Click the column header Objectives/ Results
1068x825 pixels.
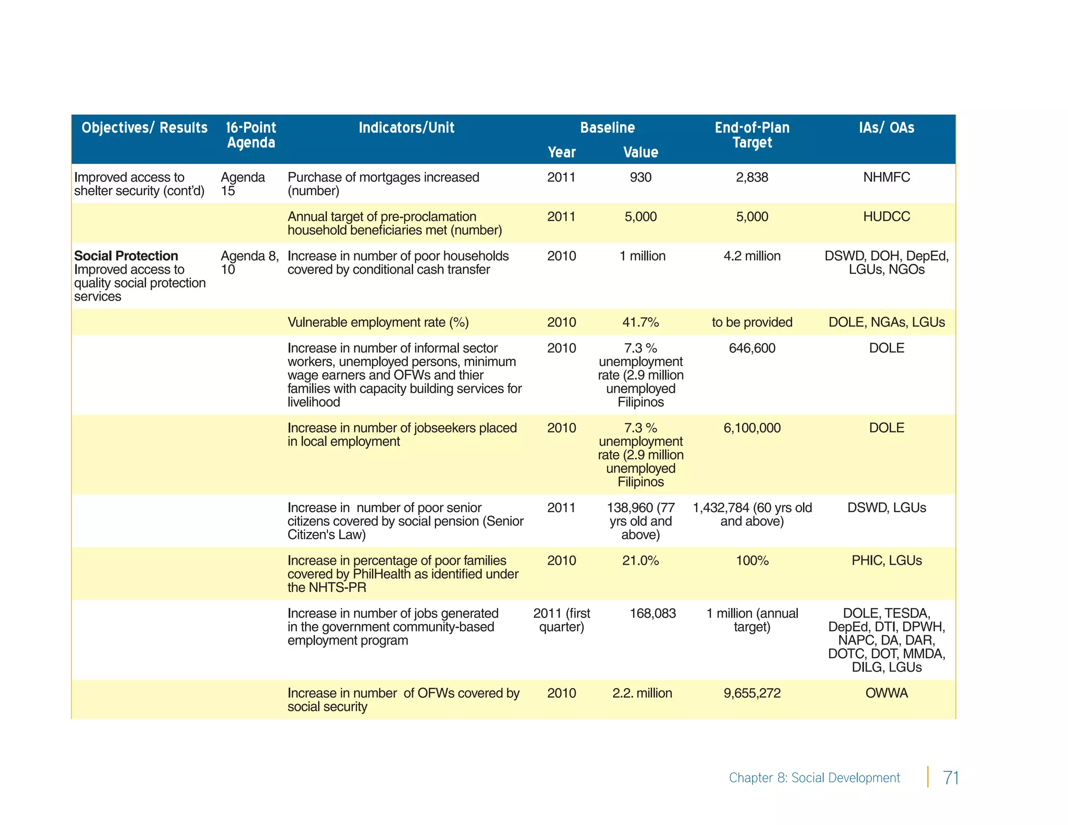(x=144, y=128)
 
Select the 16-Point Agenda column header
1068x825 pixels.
(x=251, y=135)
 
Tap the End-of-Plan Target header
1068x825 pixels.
(x=752, y=135)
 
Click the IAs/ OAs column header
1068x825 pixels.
(x=887, y=128)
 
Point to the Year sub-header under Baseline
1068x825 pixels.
(x=562, y=152)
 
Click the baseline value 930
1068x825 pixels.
(x=640, y=177)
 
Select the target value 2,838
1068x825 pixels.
(x=752, y=177)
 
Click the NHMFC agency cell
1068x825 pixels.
(x=887, y=177)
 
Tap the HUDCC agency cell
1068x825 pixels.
(x=887, y=216)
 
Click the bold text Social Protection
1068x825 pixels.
(x=126, y=256)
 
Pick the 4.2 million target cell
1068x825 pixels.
(x=752, y=256)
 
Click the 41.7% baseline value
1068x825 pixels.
(x=640, y=322)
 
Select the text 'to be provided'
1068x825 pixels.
(x=752, y=322)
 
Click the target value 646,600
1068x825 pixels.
(x=752, y=348)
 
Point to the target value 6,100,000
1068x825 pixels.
(x=752, y=428)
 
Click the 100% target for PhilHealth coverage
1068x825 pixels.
(x=752, y=561)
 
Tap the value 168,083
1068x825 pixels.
(x=652, y=613)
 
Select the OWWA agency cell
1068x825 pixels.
(x=887, y=693)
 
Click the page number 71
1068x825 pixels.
(x=951, y=778)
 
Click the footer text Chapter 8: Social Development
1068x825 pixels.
(x=814, y=778)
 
